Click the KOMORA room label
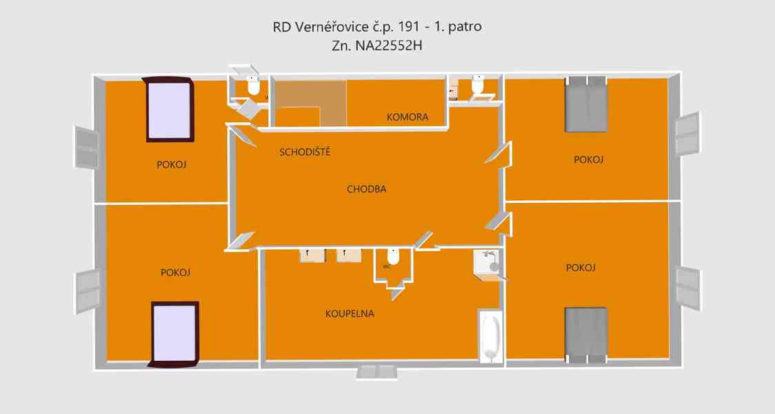pos(407,117)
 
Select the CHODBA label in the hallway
pos(366,189)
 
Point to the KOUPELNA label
pos(350,313)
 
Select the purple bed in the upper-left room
pos(168,109)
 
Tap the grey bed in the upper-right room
pos(586,105)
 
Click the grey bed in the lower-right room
pos(586,334)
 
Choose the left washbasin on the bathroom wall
pos(312,255)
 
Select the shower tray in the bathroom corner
pos(487,264)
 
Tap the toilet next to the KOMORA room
pos(477,86)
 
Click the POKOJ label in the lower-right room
pos(580,268)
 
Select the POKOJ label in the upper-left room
pos(172,165)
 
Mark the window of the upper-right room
pos(688,134)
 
